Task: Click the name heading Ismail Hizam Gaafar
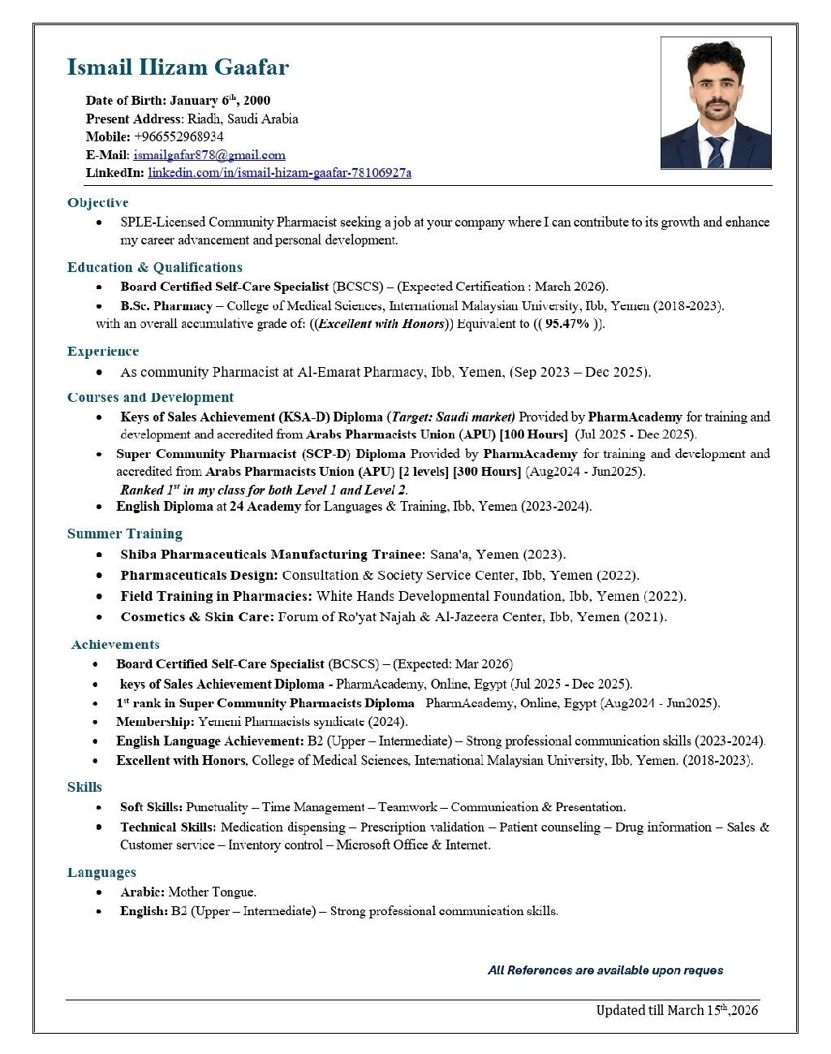(x=178, y=67)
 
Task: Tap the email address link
(x=209, y=154)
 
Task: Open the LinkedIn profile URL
(x=279, y=172)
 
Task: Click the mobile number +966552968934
(x=179, y=136)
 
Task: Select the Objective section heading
(x=97, y=202)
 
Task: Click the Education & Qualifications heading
(x=154, y=267)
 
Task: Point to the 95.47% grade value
(x=567, y=323)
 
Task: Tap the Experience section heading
(x=103, y=351)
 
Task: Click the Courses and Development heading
(x=150, y=397)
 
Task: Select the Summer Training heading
(x=125, y=533)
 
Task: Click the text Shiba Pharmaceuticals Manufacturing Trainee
(x=272, y=555)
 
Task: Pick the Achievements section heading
(x=115, y=645)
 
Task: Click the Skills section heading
(x=84, y=787)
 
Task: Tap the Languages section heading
(x=101, y=872)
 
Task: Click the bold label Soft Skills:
(x=151, y=807)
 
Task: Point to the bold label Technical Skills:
(x=168, y=827)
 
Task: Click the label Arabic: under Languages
(x=142, y=892)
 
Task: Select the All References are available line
(x=605, y=970)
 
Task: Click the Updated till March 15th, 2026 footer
(x=677, y=1010)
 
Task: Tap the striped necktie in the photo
(x=716, y=152)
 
